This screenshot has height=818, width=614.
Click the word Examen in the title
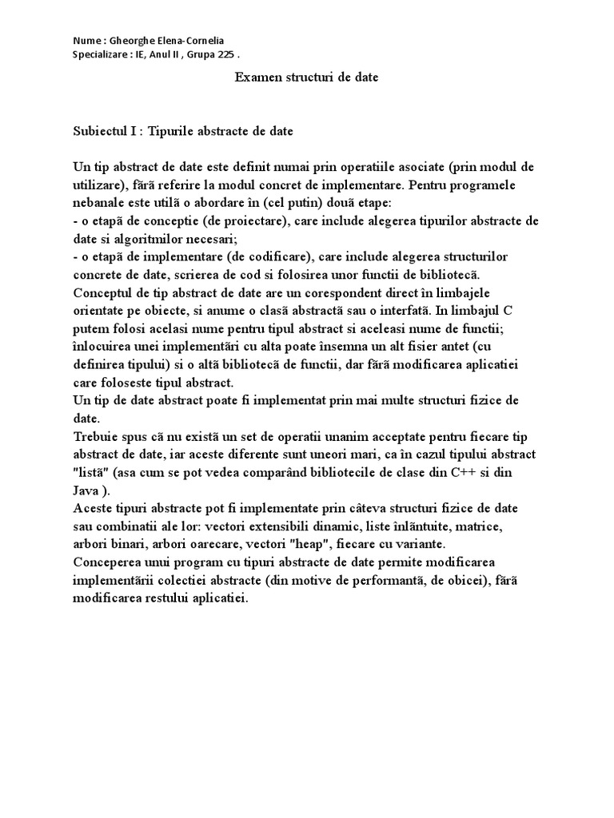click(256, 77)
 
